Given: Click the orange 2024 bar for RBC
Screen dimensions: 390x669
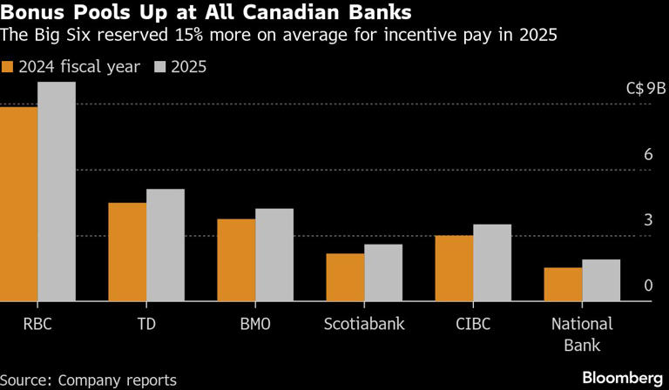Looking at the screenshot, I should pos(18,205).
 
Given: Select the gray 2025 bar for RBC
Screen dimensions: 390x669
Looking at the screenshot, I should pos(57,192).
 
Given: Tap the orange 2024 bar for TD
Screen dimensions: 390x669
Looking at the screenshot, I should pos(127,252).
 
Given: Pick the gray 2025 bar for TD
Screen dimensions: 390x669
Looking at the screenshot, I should pos(166,245).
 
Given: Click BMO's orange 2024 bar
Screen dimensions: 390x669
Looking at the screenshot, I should pos(236,260).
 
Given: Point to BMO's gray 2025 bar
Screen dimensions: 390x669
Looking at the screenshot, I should pos(274,255).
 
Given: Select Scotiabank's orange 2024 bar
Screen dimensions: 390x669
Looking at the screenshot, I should pos(345,278).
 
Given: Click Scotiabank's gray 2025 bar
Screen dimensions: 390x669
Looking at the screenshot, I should pos(383,273).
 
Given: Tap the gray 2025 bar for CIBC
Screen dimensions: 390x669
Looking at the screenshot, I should pos(492,263).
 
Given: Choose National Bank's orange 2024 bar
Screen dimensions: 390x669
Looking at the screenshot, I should pos(563,285).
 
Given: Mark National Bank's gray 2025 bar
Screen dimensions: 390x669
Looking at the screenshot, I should pos(601,280).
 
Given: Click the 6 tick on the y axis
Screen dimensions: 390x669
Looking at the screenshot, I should pos(647,154).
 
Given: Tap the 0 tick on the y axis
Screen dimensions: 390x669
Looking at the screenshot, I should pos(647,286).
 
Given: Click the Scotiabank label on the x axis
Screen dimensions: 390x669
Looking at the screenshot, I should pos(364,324).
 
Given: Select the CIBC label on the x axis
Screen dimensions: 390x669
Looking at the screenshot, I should pos(473,324).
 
